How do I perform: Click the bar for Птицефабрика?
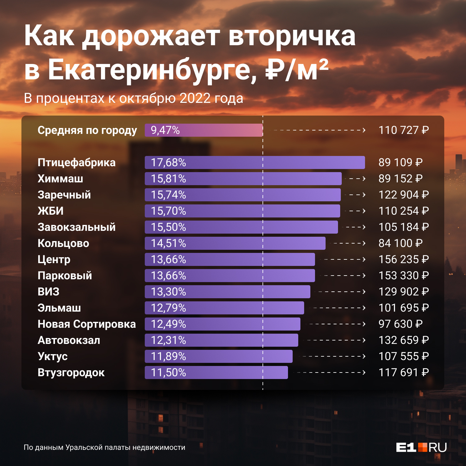point(255,162)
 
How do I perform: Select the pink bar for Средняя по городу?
point(204,130)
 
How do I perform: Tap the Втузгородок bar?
point(216,372)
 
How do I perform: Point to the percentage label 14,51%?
point(168,243)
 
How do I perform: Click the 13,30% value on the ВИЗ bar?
point(168,292)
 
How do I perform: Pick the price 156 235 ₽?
point(403,259)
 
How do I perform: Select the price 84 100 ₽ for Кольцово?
point(400,243)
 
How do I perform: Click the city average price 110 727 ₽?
point(403,130)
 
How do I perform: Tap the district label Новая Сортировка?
point(87,324)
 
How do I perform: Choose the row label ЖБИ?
point(51,211)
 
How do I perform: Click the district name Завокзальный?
point(76,227)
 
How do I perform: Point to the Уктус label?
point(53,356)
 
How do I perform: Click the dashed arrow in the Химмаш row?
point(357,179)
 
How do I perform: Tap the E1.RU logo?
point(421,447)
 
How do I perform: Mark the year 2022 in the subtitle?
point(195,98)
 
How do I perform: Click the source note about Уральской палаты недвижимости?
point(104,447)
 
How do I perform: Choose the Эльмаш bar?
point(224,308)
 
